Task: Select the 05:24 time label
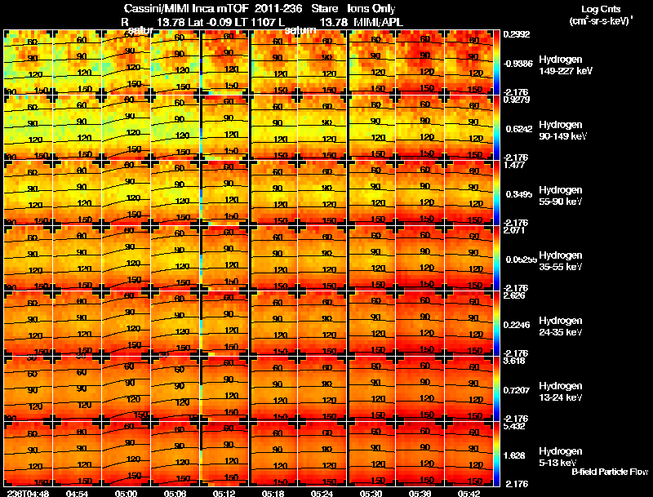pos(320,493)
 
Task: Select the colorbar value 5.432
pos(514,426)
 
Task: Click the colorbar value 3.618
pos(514,361)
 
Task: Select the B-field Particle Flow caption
pos(610,472)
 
